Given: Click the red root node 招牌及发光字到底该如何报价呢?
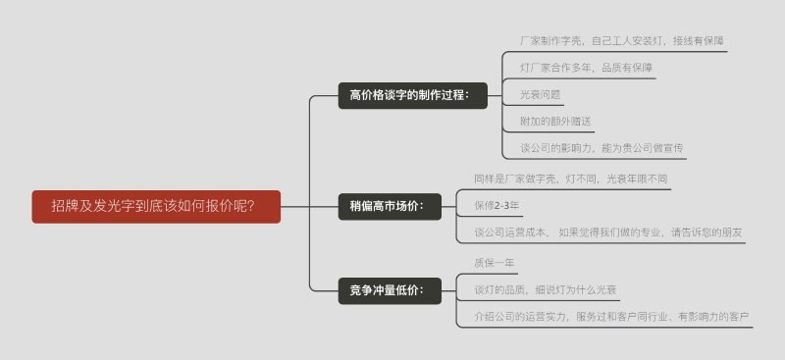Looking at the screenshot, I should coord(156,206).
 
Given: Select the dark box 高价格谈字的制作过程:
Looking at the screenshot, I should coord(412,95).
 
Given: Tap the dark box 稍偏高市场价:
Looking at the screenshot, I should coord(387,206).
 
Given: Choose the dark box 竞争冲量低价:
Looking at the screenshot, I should coord(387,290).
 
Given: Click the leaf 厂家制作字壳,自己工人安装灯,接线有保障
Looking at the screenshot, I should coord(622,41).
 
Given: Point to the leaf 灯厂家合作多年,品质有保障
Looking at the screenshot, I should coord(587,69).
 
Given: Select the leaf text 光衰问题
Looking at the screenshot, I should coord(541,95).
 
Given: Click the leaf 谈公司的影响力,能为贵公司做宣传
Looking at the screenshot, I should coord(602,149).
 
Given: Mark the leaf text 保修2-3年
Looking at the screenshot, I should coord(497,206).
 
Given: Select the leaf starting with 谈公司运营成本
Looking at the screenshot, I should coord(608,232).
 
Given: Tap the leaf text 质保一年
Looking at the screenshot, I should coord(494,263).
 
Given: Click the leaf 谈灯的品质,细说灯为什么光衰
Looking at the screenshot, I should coord(545,289).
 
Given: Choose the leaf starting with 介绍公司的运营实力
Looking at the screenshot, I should coord(611,316).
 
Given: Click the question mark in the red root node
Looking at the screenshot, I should coord(250,206).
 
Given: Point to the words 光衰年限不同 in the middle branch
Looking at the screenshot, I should coord(637,179).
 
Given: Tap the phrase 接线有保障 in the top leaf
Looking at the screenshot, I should coord(699,41).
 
